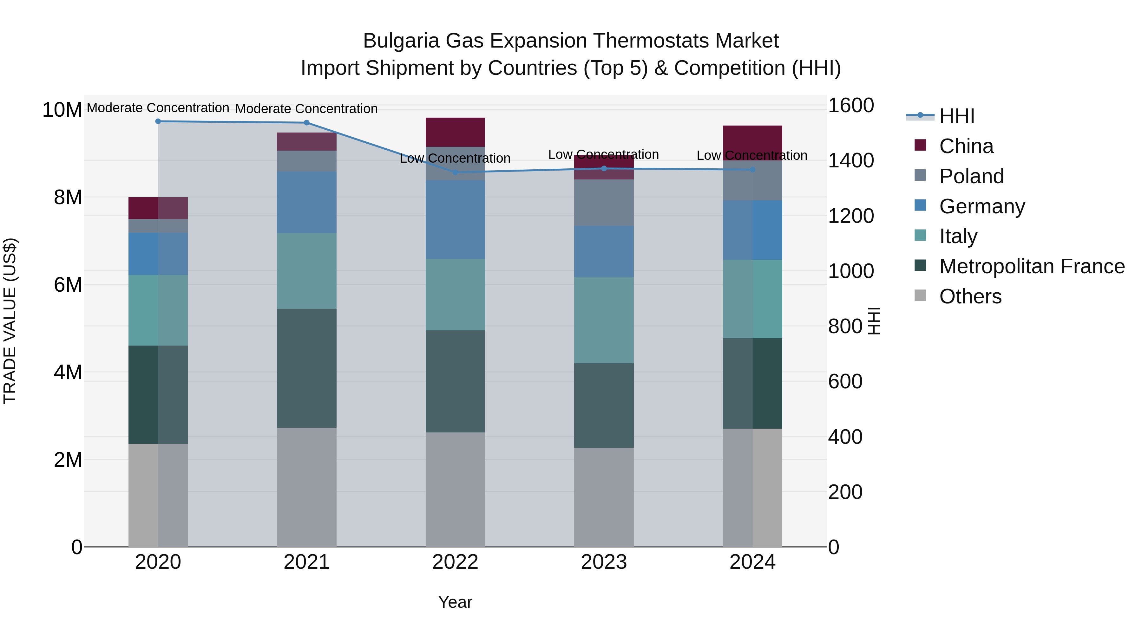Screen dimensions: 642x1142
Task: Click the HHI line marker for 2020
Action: coord(158,121)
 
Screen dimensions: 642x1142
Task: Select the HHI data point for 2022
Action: coord(455,172)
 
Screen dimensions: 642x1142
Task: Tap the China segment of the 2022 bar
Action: coord(455,132)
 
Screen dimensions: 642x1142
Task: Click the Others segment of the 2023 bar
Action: coord(604,497)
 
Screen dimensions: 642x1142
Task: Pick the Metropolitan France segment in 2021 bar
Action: coord(307,368)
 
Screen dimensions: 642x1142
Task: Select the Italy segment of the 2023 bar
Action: coord(604,320)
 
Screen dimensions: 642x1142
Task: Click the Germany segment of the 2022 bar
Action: coord(455,220)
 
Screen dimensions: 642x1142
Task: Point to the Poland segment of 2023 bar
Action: coord(604,203)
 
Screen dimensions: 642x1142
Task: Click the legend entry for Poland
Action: coord(971,176)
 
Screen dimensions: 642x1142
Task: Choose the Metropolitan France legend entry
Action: coord(1031,266)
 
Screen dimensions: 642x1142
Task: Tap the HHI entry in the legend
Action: coord(956,116)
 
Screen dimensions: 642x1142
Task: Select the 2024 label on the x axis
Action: coord(752,562)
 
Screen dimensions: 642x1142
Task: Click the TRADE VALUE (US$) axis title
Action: coord(10,321)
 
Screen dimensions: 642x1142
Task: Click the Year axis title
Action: coord(455,602)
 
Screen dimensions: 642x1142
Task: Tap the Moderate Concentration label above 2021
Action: coord(306,109)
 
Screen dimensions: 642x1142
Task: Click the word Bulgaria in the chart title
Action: coord(401,41)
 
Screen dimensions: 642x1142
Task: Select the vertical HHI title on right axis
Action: coord(874,321)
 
